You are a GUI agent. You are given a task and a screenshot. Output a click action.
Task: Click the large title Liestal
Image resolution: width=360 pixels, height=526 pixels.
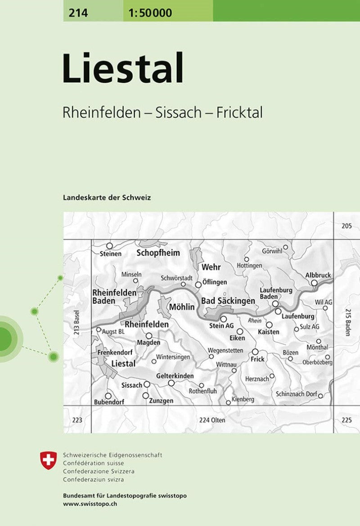coord(123,69)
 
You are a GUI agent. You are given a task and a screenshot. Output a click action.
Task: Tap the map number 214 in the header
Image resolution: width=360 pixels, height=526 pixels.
coord(79,13)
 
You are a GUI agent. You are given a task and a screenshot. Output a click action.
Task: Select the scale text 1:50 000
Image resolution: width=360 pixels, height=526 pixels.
coord(150,13)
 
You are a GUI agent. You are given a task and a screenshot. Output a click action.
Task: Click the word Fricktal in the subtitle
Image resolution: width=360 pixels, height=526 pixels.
coord(239,113)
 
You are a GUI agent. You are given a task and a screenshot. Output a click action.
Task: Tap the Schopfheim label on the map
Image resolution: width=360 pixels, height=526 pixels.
coord(158,253)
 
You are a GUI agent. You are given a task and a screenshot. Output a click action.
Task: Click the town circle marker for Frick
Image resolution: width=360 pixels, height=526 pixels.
coord(255,352)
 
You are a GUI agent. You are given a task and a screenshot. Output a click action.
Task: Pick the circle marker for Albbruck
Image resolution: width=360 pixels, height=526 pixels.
coord(314,283)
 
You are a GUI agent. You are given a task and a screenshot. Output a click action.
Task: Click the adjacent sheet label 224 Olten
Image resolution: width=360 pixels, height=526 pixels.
coord(212,420)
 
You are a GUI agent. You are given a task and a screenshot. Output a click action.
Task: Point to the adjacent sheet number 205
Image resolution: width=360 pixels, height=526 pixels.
coord(346,226)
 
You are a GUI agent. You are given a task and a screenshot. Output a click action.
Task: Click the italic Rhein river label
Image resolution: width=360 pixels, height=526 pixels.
coord(254,320)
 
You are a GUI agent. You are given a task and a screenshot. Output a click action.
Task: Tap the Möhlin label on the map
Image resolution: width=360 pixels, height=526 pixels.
coord(181,308)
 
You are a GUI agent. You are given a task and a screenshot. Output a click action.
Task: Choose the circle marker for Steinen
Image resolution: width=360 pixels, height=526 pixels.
coord(108,246)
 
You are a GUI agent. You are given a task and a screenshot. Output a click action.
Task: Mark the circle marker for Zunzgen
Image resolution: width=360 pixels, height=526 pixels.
coord(145,395)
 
